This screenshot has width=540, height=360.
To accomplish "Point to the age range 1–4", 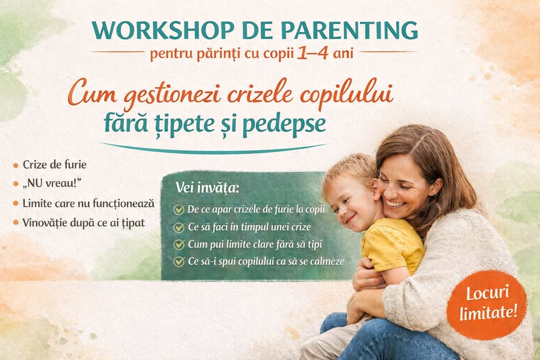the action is [312, 54].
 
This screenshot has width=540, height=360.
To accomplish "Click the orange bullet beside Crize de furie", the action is [16, 165].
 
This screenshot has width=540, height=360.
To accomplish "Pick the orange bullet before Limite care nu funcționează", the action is [16, 204].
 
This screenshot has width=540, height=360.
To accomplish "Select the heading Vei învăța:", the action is [208, 188].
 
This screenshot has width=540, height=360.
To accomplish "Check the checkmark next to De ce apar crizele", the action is [179, 209].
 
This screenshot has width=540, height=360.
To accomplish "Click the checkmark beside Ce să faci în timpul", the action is [179, 227].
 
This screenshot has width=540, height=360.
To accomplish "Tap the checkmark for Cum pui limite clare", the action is [179, 245].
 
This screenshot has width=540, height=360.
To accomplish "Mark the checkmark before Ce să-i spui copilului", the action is [179, 262].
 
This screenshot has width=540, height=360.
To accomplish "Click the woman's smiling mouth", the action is [396, 204].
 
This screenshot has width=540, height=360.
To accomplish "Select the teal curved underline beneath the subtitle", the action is [214, 149].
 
